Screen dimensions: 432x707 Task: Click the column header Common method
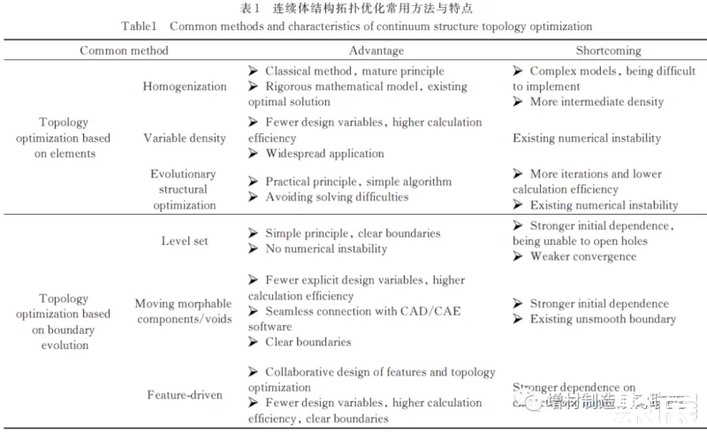point(124,51)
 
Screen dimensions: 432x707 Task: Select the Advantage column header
point(376,51)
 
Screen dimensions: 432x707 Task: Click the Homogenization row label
point(185,87)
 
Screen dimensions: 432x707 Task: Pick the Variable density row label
point(185,138)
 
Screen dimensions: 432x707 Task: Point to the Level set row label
point(185,241)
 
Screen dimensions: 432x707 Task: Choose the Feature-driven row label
point(185,395)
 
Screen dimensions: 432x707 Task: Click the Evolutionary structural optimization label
point(183,190)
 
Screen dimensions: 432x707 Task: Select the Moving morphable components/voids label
point(185,312)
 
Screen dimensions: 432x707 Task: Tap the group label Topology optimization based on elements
point(75,138)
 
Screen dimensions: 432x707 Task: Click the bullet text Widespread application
point(324,154)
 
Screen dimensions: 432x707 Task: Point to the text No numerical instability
point(326,249)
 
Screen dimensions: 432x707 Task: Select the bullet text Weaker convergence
point(582,256)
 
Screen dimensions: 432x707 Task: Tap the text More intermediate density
point(597,102)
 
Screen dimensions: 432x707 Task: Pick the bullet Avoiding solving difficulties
point(337,197)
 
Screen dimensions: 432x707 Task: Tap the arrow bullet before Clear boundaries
point(254,342)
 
